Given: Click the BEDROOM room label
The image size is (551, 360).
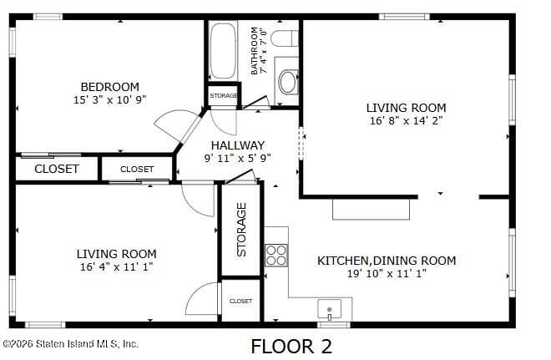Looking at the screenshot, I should [109, 87].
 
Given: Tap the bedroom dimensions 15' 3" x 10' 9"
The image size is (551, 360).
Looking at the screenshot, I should [109, 99].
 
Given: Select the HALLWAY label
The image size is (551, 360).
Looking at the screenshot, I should [238, 145].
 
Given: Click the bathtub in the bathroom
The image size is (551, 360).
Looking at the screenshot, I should [223, 51].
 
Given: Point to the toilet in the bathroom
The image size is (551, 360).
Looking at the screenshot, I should [285, 38].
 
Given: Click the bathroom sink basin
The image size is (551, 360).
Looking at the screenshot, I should [287, 81].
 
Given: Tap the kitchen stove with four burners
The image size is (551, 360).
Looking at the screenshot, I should [276, 255].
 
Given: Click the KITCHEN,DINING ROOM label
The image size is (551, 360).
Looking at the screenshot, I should [387, 261].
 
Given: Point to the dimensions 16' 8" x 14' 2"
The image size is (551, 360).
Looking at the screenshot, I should [406, 120].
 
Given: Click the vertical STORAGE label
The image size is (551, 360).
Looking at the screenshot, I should [241, 229].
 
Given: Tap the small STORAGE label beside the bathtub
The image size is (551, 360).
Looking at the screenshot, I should [223, 96].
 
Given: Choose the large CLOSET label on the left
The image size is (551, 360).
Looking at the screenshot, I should [57, 169].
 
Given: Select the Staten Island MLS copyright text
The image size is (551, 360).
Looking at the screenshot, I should [70, 343].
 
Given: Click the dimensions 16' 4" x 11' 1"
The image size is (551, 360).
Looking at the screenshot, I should [116, 267].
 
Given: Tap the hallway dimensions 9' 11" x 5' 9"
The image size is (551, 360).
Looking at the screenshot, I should [238, 158].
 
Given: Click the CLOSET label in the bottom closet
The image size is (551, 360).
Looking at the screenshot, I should [240, 301].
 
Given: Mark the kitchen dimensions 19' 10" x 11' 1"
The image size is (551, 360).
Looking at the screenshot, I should [387, 273].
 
